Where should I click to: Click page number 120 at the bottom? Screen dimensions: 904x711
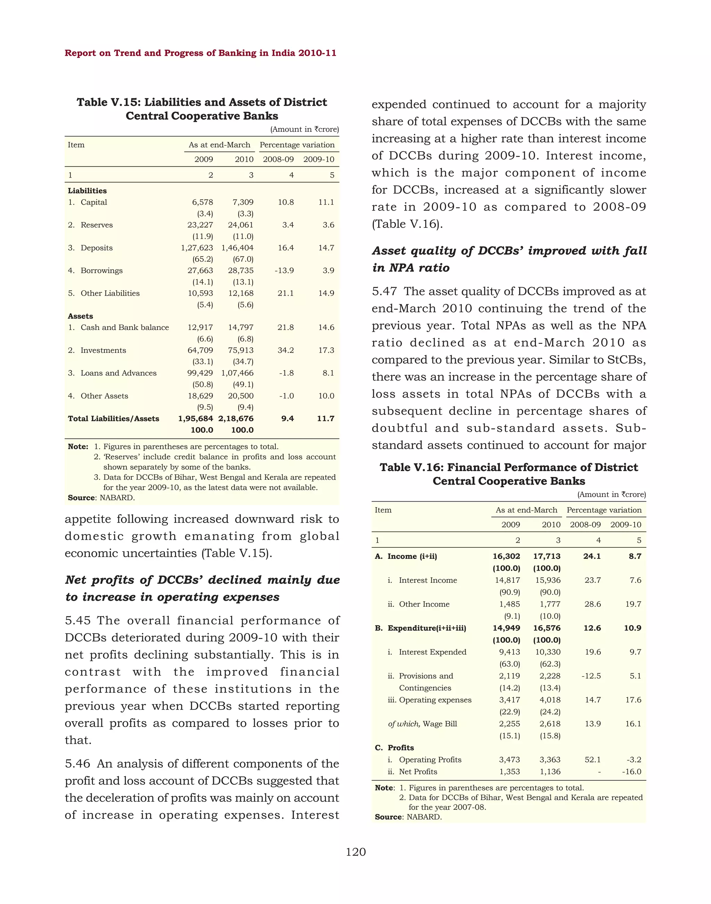[x=355, y=852]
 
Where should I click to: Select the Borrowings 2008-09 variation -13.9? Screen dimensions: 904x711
[x=284, y=271]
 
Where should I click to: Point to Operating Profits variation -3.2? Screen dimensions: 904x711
[x=634, y=760]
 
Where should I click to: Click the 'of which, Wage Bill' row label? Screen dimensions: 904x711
[x=422, y=724]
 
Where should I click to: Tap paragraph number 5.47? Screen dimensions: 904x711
[x=384, y=292]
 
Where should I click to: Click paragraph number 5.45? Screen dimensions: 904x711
[x=77, y=621]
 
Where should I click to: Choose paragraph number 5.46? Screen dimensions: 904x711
[x=77, y=764]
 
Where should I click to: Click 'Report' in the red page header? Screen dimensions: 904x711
[x=80, y=53]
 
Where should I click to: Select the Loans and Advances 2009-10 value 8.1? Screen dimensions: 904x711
[x=328, y=373]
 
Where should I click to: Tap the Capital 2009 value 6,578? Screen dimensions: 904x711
[x=202, y=203]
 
